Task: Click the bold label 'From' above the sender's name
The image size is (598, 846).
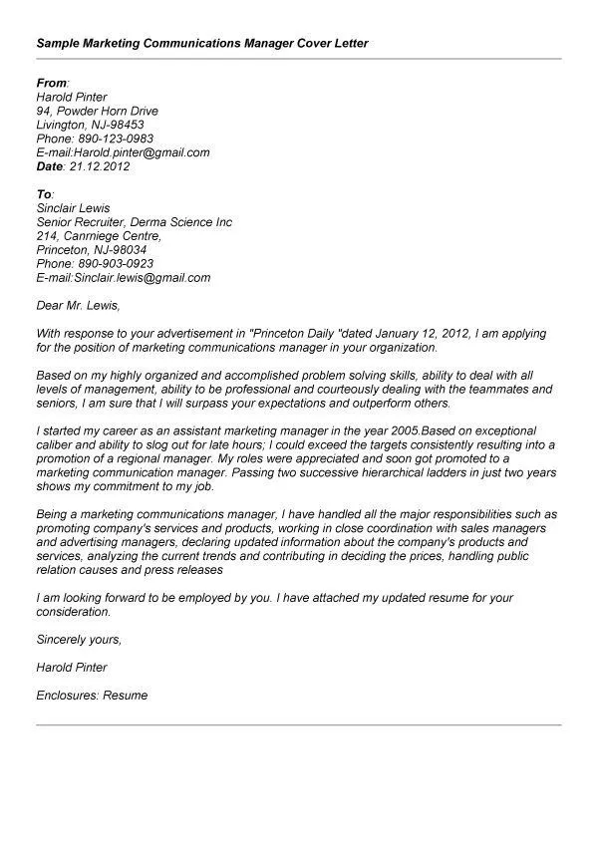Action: [x=51, y=83]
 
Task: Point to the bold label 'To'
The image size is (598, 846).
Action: [x=43, y=194]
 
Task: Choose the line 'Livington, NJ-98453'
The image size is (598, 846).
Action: [x=90, y=125]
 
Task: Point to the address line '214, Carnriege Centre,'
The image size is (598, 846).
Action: [x=98, y=236]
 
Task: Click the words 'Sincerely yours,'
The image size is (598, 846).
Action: [x=78, y=639]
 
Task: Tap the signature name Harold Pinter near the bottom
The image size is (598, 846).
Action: [x=71, y=667]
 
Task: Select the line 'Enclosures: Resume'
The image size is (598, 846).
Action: [x=91, y=695]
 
